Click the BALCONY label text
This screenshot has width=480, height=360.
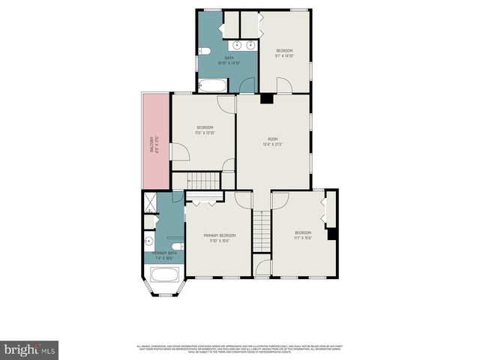[152, 142]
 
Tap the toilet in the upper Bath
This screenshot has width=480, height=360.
[204, 51]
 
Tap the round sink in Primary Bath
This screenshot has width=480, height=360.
[149, 241]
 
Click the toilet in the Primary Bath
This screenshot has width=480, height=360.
[177, 247]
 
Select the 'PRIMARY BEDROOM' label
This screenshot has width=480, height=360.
[218, 235]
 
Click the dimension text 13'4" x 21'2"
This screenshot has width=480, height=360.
[273, 145]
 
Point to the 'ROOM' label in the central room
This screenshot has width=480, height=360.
[273, 139]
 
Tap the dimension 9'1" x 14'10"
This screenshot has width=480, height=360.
[284, 55]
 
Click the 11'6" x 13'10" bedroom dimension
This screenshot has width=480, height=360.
[205, 133]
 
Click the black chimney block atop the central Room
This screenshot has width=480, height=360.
[265, 97]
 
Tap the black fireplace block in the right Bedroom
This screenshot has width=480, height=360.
[332, 232]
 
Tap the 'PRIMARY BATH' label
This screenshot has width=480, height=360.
[164, 253]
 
